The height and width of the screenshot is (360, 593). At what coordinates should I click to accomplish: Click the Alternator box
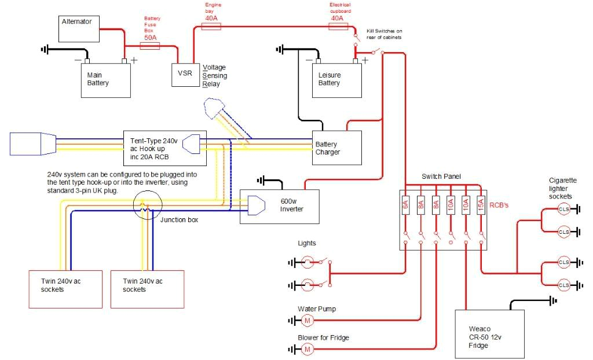tap(80, 29)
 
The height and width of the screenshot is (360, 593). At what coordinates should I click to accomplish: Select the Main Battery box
tap(105, 79)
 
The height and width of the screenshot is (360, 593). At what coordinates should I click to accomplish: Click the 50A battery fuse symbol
tap(150, 45)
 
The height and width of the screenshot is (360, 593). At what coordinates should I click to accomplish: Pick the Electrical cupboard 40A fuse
tap(338, 27)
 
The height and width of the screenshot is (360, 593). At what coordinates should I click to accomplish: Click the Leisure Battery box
tap(337, 79)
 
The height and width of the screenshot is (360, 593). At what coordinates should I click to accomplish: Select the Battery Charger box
tap(336, 148)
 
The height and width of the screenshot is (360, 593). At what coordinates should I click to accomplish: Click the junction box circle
tap(144, 206)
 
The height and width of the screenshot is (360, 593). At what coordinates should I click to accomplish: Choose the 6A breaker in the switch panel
tap(405, 205)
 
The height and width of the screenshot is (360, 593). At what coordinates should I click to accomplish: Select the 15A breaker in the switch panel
tap(481, 205)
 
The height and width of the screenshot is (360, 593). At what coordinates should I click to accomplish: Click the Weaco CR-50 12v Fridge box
tap(490, 334)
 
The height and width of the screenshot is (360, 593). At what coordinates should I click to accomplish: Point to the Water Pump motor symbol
tap(308, 321)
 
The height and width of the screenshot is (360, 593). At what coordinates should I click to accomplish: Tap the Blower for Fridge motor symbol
tap(308, 349)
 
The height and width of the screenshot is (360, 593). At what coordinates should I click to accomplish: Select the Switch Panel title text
tap(441, 175)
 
